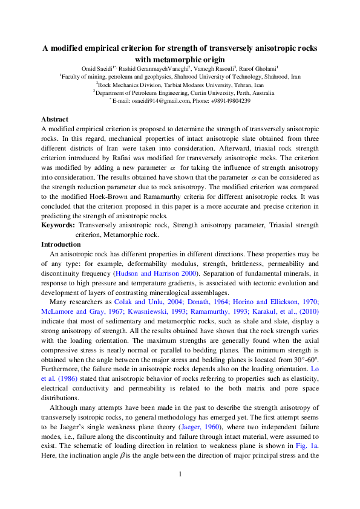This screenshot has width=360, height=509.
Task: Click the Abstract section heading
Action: (x=54, y=119)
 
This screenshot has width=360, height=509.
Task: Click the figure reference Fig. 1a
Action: (x=309, y=428)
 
